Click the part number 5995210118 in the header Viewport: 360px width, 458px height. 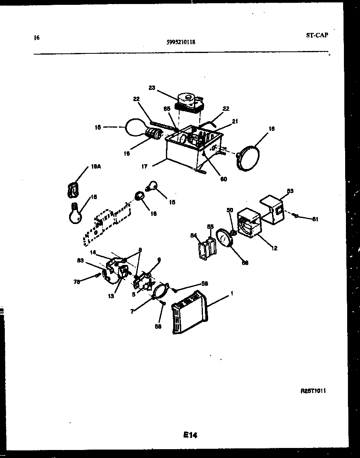[180, 41]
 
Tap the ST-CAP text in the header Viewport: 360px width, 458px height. [317, 35]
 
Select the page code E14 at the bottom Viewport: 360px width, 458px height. [190, 435]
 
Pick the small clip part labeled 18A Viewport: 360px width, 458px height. [73, 189]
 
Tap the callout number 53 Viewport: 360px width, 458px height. [290, 191]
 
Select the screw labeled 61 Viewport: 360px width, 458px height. [296, 216]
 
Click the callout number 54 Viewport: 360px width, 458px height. [192, 236]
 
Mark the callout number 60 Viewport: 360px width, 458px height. [223, 179]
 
